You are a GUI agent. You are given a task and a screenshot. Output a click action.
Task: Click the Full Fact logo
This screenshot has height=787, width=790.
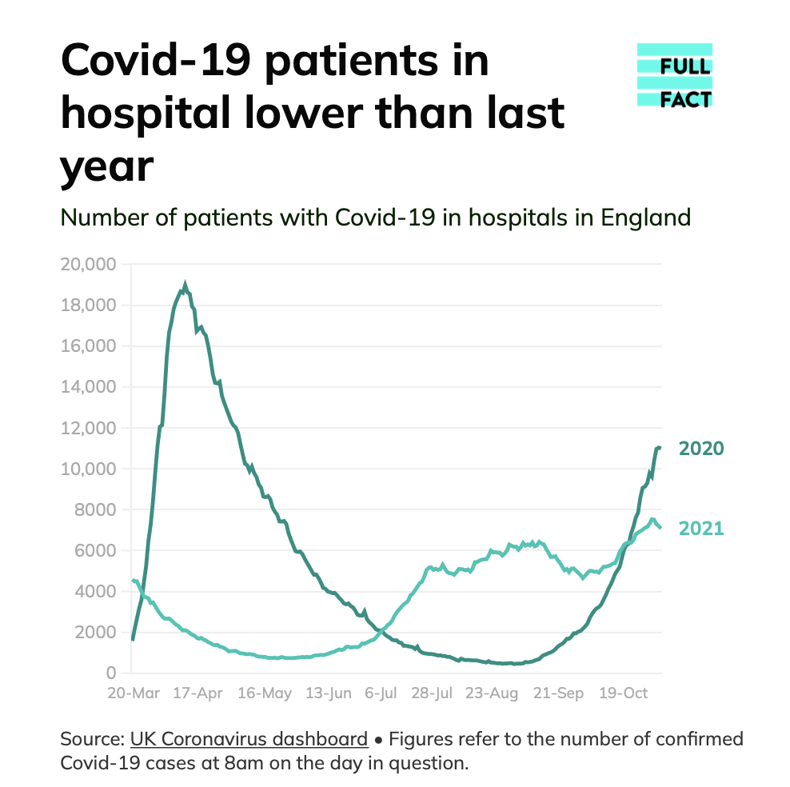click(x=674, y=75)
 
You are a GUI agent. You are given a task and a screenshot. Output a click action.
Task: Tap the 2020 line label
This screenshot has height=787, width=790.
click(x=700, y=449)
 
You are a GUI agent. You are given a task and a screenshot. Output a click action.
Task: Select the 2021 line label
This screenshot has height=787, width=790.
click(x=700, y=529)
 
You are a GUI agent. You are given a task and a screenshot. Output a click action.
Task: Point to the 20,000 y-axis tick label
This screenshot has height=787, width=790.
click(x=88, y=265)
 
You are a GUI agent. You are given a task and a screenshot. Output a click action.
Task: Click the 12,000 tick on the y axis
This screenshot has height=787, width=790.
click(x=88, y=428)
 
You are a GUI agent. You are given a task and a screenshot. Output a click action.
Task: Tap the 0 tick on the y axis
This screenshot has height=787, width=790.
click(x=112, y=673)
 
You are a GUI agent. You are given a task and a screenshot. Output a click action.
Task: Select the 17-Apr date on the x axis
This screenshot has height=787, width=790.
click(x=197, y=693)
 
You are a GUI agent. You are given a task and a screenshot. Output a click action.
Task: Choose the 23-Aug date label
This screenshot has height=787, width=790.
click(x=493, y=693)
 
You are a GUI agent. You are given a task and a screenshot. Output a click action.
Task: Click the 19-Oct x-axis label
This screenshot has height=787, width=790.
click(x=624, y=693)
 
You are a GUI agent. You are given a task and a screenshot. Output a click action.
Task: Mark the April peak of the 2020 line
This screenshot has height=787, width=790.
click(x=186, y=284)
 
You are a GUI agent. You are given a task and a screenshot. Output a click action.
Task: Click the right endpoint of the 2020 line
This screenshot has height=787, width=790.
click(x=660, y=447)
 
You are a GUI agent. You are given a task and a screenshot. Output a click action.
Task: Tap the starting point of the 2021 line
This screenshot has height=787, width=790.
click(x=133, y=581)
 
